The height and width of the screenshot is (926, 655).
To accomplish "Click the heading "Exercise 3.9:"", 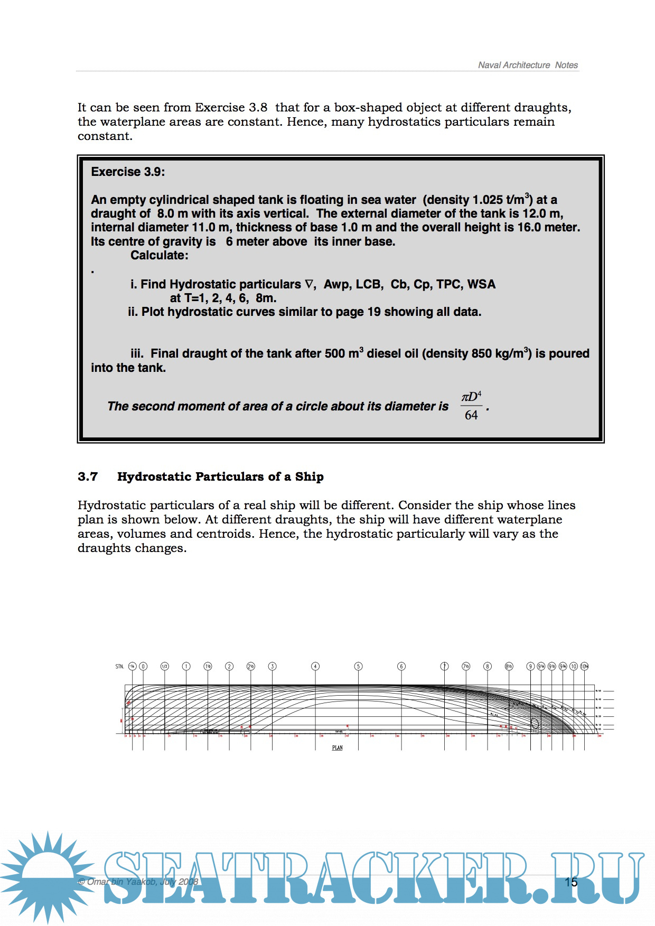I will click(128, 172).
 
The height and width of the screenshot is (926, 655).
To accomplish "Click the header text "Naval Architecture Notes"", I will click(528, 65).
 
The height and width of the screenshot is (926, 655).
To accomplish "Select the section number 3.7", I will click(88, 476).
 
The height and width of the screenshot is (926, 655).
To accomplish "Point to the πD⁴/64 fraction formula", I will click(471, 406).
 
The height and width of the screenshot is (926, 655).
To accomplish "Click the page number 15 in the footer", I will click(571, 882).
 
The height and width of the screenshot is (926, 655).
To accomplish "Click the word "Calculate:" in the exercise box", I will click(160, 256).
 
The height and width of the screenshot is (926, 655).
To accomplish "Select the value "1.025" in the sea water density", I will click(487, 200).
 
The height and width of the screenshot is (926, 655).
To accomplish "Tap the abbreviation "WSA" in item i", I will click(481, 285).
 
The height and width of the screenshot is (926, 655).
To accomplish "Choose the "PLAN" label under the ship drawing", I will click(337, 748).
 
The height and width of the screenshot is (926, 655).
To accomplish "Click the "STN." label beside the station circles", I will click(119, 667).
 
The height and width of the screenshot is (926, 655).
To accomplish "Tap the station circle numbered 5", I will click(358, 667).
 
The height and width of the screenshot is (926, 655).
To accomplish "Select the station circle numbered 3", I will click(272, 667).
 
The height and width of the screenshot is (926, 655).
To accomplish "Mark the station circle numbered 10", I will click(574, 667).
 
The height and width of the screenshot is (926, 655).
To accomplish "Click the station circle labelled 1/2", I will click(164, 667).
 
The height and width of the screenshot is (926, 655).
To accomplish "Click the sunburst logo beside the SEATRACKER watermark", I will click(48, 877).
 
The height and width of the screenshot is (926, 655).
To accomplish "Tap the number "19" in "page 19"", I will click(374, 312).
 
